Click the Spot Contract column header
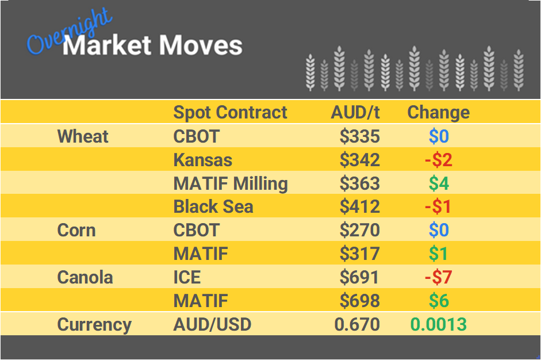pyautogui.click(x=230, y=112)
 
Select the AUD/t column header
pyautogui.click(x=355, y=112)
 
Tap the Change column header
pyautogui.click(x=438, y=112)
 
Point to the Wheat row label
pyautogui.click(x=83, y=136)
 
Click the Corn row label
pyautogui.click(x=76, y=231)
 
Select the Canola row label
pyautogui.click(x=85, y=277)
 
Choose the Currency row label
pyautogui.click(x=94, y=324)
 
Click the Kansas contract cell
pyautogui.click(x=202, y=160)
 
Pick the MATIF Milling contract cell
pyautogui.click(x=230, y=183)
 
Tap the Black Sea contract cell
pyautogui.click(x=213, y=207)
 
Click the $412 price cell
pyautogui.click(x=359, y=207)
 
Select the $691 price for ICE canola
pyautogui.click(x=359, y=277)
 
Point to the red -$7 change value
pyautogui.click(x=438, y=277)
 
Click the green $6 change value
pyautogui.click(x=438, y=301)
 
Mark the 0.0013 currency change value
pyautogui.click(x=438, y=324)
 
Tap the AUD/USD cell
pyautogui.click(x=212, y=324)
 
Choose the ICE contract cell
pyautogui.click(x=187, y=277)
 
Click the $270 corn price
pyautogui.click(x=359, y=231)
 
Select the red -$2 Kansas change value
pyautogui.click(x=438, y=160)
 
